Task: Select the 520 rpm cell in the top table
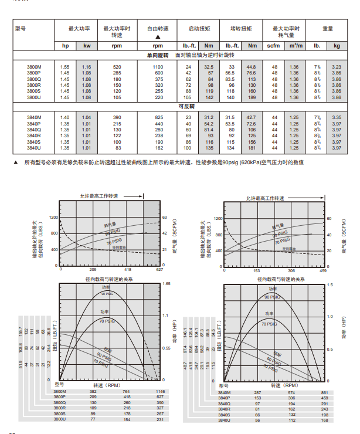(117, 67)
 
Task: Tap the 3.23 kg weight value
(337, 67)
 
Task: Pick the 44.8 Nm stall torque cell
(252, 67)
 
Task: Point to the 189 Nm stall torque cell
(252, 97)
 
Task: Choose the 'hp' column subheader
(65, 45)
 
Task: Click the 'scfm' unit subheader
(273, 45)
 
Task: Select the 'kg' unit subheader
(337, 45)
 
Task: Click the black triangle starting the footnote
(16, 162)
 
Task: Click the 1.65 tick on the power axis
(166, 284)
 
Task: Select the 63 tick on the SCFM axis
(165, 218)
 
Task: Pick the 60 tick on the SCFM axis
(329, 218)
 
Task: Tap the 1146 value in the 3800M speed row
(152, 391)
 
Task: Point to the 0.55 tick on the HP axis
(166, 348)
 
